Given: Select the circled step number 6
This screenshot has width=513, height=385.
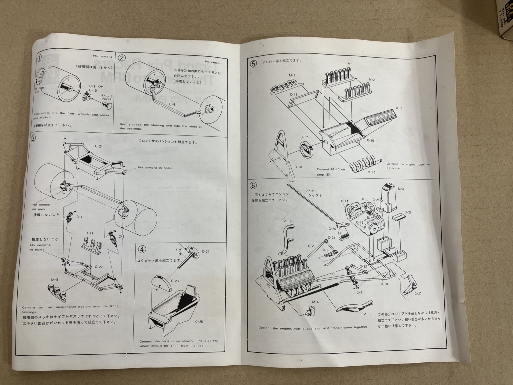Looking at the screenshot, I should (254, 185).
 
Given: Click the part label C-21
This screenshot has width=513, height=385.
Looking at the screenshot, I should (99, 146).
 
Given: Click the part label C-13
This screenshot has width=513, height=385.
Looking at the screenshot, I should (399, 108).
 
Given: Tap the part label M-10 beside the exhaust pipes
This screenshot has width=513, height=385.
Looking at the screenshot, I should (371, 172).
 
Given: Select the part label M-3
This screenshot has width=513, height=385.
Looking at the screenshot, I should (401, 189).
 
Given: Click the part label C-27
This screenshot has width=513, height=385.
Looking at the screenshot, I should (418, 294).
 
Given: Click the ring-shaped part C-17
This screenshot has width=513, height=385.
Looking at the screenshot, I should (306, 151).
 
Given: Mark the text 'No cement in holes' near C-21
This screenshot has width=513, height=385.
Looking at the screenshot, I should (155, 168).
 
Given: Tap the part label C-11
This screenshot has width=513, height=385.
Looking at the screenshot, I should (90, 233).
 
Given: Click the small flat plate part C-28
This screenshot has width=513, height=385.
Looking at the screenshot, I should (399, 216).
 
